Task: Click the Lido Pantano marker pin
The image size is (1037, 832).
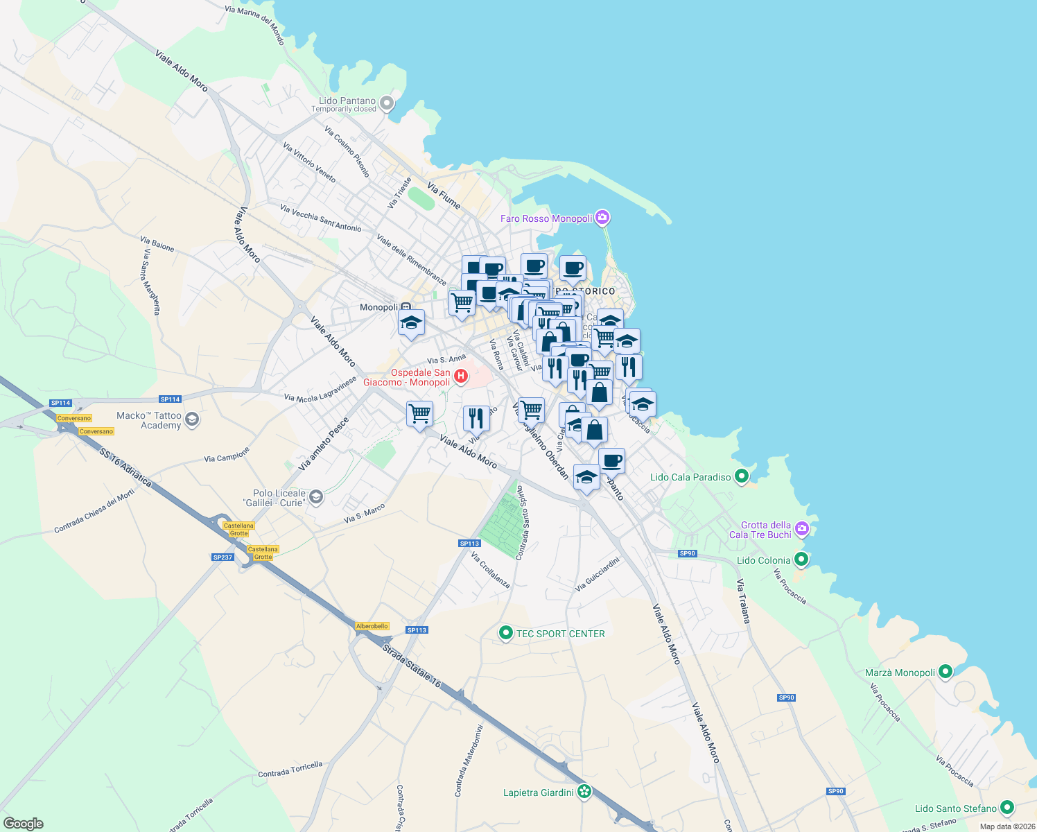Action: [387, 104]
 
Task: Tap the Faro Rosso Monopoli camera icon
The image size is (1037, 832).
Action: [602, 218]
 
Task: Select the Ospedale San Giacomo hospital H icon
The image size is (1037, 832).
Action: [461, 376]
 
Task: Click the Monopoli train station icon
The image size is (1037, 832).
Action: [406, 307]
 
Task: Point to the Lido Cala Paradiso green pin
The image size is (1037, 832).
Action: [741, 476]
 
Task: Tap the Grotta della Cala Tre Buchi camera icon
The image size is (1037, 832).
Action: [802, 530]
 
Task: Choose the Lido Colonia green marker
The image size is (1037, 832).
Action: [801, 559]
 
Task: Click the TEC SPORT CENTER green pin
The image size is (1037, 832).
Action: [506, 633]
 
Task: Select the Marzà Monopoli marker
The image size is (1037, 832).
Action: [945, 672]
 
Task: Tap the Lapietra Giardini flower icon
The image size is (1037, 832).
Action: [584, 792]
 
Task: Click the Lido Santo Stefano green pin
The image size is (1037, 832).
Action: [1007, 808]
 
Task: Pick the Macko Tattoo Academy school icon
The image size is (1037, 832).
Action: [192, 419]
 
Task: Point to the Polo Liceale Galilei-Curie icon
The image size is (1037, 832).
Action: [316, 497]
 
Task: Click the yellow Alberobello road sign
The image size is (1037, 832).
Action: [372, 626]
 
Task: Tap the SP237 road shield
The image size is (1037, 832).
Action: [223, 557]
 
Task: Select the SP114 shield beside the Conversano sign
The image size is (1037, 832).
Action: [61, 403]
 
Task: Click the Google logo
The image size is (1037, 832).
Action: [23, 824]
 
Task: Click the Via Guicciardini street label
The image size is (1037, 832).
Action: [597, 574]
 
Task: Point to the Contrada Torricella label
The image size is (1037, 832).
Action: [290, 770]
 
